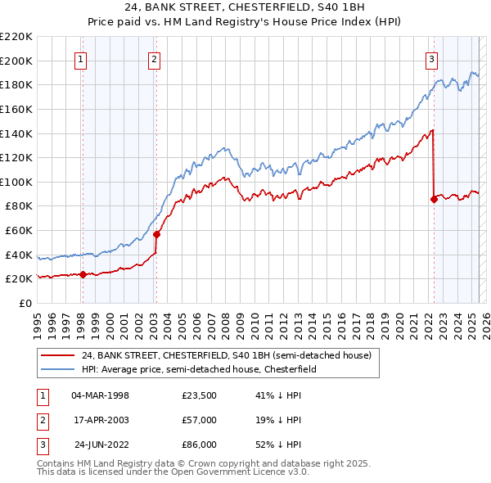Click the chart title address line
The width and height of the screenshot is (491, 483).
point(245,8)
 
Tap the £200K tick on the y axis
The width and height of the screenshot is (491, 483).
point(16,61)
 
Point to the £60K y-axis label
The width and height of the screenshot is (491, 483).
point(19,231)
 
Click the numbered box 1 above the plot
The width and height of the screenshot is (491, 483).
point(82,58)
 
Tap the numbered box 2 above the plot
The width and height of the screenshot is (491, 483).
point(155,58)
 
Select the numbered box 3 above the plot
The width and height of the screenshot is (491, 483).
point(431,58)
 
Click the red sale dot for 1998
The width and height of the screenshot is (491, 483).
point(83,274)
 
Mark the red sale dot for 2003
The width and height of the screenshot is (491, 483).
point(156,234)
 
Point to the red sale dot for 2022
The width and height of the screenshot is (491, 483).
point(434,199)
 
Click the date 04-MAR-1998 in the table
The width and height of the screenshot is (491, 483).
point(101,395)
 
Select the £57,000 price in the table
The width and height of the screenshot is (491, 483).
point(200,420)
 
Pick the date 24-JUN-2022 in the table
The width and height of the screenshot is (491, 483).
point(101,445)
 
